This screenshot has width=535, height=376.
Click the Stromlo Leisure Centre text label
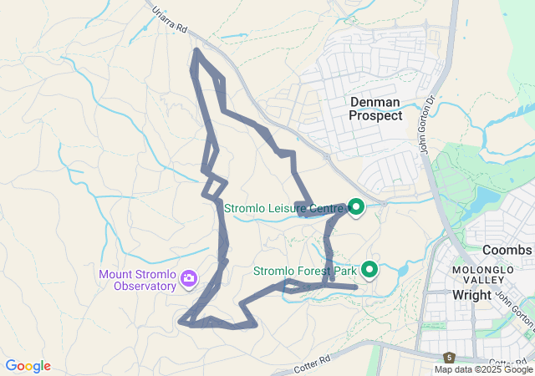point(283,206)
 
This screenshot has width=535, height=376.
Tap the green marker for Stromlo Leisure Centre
point(355,206)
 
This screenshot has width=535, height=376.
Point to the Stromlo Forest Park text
point(305,271)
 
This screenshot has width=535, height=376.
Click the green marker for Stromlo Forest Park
point(369,270)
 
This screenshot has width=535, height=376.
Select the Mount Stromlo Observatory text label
point(139,279)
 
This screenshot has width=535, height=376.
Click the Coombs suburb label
point(507,250)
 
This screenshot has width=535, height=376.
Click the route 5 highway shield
point(449,357)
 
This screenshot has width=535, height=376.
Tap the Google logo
point(28,366)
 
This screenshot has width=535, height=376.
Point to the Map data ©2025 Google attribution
point(483,369)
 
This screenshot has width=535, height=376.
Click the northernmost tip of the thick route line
point(196,50)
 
